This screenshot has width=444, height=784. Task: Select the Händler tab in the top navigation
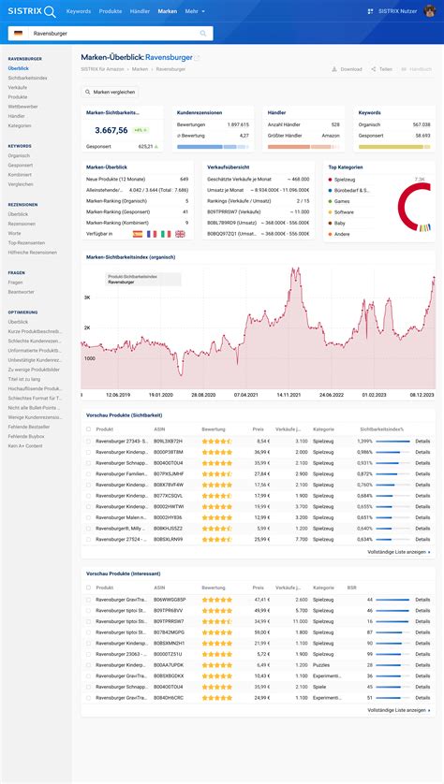pos(139,10)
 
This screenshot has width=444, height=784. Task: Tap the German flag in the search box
pos(18,33)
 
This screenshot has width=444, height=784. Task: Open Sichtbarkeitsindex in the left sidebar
pos(27,78)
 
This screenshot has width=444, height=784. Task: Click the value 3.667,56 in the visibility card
pos(111,130)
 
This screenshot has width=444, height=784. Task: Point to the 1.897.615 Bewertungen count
pos(238,123)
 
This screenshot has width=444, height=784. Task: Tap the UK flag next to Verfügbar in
pos(180,233)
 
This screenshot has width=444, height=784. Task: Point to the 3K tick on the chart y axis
pos(87,298)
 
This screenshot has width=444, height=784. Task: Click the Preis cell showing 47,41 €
pos(261,599)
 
